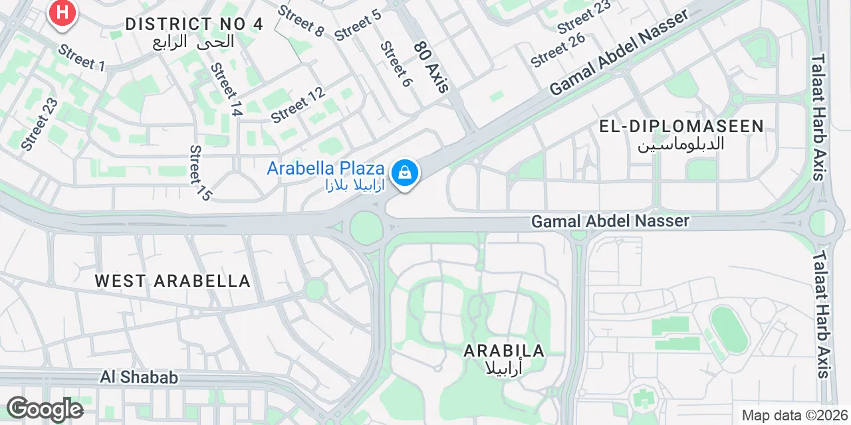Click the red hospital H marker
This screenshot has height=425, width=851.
pos(62,13)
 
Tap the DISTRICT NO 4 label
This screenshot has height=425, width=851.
pos(194,25)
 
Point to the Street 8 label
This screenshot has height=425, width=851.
pos(301,21)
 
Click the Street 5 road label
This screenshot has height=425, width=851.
pos(358,25)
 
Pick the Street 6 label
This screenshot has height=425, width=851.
pos(396,64)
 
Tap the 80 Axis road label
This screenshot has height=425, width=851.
pos(432,66)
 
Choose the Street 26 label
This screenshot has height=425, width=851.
pos(558,50)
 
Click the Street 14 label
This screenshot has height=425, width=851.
pos(225,90)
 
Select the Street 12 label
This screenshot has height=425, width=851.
pos(298,105)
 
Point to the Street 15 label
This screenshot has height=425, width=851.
pos(199,173)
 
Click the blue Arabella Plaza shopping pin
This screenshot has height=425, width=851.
pos(404,174)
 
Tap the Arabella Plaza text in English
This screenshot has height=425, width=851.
pos(325,168)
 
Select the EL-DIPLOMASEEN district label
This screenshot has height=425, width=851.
pos(681,127)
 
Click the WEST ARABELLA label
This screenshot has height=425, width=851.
pos(172,281)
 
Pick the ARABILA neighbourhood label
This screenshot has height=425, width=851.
pos(504,351)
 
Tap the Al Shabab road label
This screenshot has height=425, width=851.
pos(140,377)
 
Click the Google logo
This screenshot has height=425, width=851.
pos(45,409)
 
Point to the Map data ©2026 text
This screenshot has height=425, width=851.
pos(794,416)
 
